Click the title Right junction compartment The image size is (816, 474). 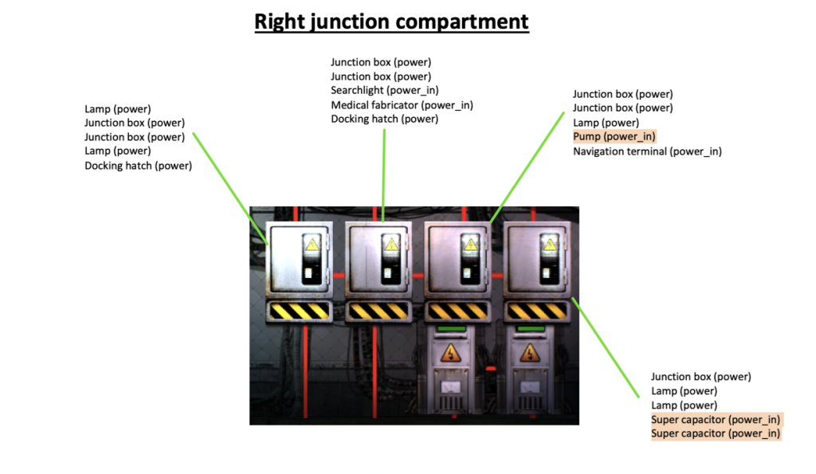(x=391, y=21)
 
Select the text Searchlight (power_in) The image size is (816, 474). (x=385, y=91)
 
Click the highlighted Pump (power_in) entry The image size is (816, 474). (x=614, y=137)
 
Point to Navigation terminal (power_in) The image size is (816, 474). (x=647, y=151)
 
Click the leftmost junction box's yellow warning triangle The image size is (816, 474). (x=313, y=245)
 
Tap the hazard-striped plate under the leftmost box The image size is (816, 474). (x=299, y=311)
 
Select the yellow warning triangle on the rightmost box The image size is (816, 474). (x=550, y=245)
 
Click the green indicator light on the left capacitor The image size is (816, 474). (x=451, y=327)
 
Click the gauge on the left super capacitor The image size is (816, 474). (x=450, y=388)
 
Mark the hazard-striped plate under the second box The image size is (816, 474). (x=378, y=311)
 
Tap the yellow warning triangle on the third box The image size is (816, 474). (x=471, y=245)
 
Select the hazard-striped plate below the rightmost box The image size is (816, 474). (x=536, y=311)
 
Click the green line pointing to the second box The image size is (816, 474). (x=384, y=171)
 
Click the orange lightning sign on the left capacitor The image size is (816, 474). (x=450, y=353)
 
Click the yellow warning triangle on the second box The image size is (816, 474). (x=391, y=245)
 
